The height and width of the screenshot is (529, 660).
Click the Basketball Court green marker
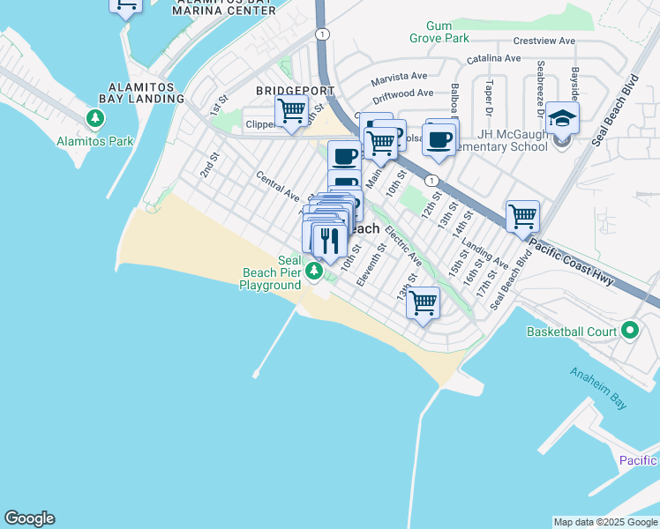click(x=629, y=331)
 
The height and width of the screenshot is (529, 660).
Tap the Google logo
click(x=29, y=518)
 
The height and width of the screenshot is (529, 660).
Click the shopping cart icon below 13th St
click(x=424, y=302)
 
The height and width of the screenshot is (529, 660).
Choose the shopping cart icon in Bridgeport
click(x=291, y=112)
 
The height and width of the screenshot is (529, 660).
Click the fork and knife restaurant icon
click(x=329, y=240)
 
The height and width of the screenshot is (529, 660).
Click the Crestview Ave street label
click(x=544, y=41)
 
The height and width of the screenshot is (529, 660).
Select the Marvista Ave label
click(x=399, y=78)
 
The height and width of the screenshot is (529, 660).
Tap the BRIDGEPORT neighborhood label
click(x=295, y=91)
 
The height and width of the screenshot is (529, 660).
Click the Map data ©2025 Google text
click(x=604, y=522)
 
